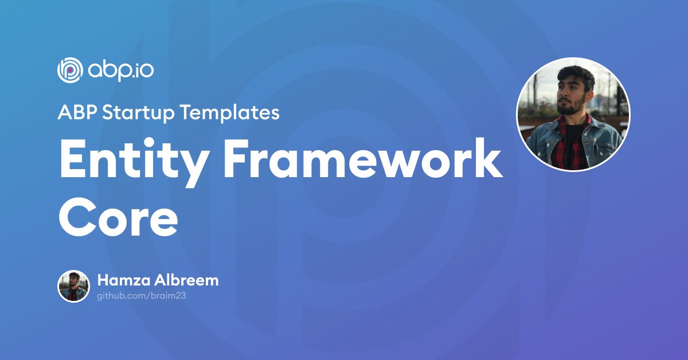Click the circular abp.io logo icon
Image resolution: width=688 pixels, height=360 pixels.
click(70, 71)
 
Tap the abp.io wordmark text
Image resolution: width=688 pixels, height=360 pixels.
click(121, 72)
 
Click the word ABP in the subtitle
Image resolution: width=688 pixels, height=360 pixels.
click(78, 112)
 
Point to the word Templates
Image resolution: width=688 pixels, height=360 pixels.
click(229, 112)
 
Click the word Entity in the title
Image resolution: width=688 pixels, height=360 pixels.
click(133, 163)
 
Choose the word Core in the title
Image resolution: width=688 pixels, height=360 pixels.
click(119, 217)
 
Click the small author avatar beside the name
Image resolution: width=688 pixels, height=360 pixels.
click(73, 286)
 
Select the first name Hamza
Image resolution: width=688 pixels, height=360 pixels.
click(124, 280)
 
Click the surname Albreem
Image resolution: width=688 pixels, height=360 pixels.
click(186, 280)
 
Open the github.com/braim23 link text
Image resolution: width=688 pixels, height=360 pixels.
click(142, 296)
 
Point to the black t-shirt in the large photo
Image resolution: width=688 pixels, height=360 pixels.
click(570, 144)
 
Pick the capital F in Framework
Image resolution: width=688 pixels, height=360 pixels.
click(237, 158)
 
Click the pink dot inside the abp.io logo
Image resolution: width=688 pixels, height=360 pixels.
click(71, 70)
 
